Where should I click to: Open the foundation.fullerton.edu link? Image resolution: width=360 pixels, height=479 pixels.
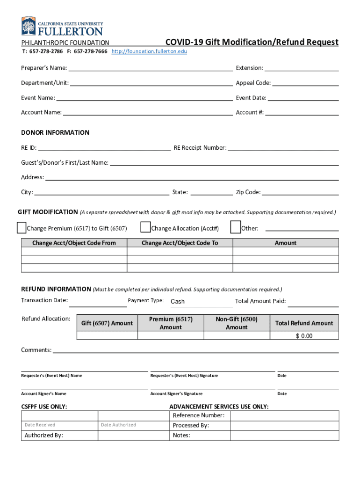pyautogui.click(x=149, y=51)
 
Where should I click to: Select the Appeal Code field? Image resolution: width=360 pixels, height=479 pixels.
pyautogui.click(x=306, y=83)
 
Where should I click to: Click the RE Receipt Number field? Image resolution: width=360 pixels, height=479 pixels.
pyautogui.click(x=283, y=148)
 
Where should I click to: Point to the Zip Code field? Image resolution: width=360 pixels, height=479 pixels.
pyautogui.click(x=301, y=192)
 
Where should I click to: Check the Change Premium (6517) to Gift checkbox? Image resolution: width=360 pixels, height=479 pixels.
pyautogui.click(x=22, y=228)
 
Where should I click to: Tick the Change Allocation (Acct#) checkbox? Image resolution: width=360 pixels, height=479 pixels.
pyautogui.click(x=145, y=227)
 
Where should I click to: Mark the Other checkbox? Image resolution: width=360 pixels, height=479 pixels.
pyautogui.click(x=236, y=227)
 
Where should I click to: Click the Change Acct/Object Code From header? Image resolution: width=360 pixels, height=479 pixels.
pyautogui.click(x=74, y=243)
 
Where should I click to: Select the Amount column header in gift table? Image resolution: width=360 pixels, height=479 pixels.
pyautogui.click(x=286, y=243)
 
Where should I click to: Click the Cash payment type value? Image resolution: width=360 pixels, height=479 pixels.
pyautogui.click(x=178, y=302)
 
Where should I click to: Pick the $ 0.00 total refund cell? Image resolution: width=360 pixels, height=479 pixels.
pyautogui.click(x=304, y=336)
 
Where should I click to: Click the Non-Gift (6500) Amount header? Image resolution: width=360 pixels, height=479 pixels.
pyautogui.click(x=237, y=323)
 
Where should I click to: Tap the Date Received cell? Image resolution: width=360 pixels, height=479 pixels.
pyautogui.click(x=59, y=425)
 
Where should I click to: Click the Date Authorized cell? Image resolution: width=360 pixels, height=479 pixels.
pyautogui.click(x=133, y=425)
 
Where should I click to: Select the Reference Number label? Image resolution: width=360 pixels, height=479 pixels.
pyautogui.click(x=199, y=415)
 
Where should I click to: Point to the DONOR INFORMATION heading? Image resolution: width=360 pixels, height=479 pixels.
pyautogui.click(x=55, y=132)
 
